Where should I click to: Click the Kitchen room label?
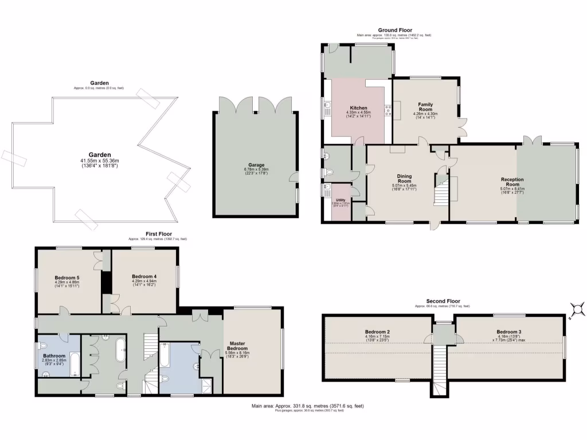coord(358,108)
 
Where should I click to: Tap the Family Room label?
coord(425,107)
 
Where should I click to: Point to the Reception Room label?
coord(512,182)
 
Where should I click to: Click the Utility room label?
coord(341,200)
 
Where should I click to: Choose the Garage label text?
coord(256,165)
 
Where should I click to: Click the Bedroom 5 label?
coord(67,278)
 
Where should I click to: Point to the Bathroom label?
coord(54,356)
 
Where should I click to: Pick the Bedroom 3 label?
coord(509,332)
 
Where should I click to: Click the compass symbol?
coord(578,310)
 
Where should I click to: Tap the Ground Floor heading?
coord(393,30)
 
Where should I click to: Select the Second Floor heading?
coord(443,301)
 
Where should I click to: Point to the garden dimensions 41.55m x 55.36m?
coord(99,160)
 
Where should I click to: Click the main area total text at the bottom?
coord(307,406)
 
